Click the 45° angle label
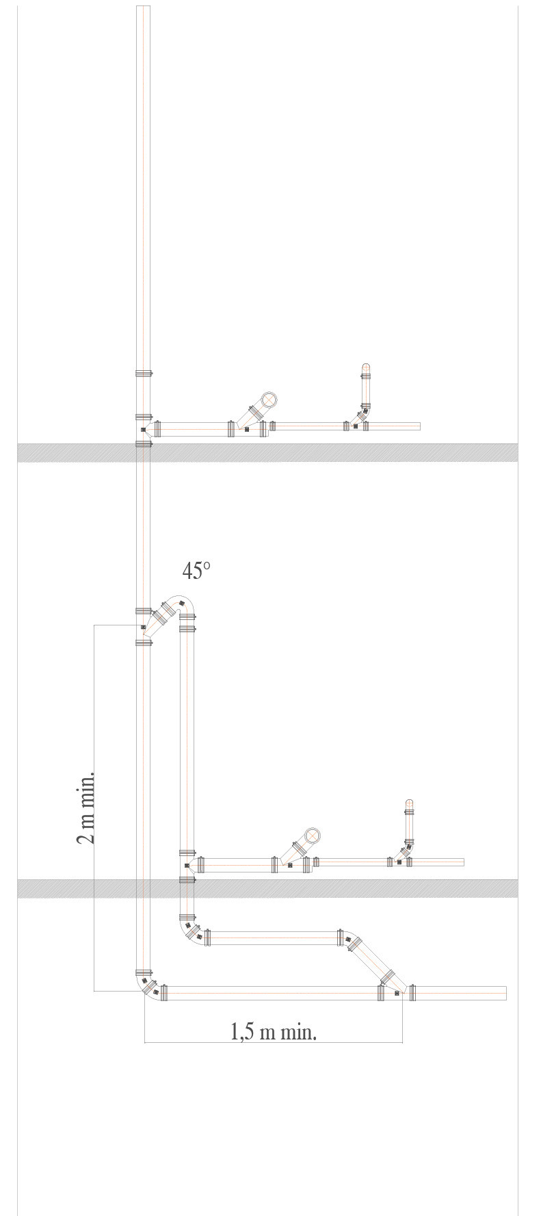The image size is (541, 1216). coord(196,570)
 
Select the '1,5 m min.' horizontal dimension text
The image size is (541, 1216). coord(274,1032)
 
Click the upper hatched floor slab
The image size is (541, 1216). coord(267,452)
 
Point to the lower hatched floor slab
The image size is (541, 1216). coord(267,888)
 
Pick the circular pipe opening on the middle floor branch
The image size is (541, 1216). coord(312,836)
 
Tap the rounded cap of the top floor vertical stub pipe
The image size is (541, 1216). coord(366,367)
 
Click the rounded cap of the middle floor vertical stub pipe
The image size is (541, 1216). coord(410,803)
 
